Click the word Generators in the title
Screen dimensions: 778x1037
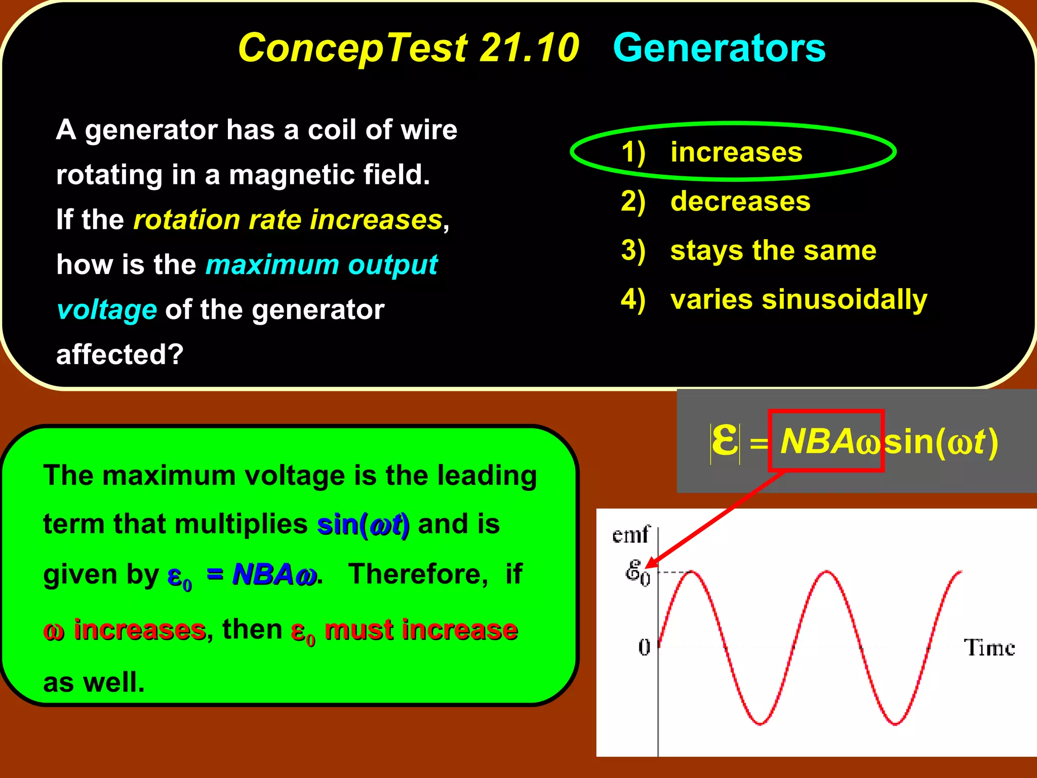pos(719,48)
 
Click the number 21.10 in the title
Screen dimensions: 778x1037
pos(529,48)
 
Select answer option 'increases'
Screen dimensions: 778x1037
pos(736,152)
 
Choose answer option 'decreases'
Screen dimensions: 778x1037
pos(740,201)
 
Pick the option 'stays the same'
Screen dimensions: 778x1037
pos(773,250)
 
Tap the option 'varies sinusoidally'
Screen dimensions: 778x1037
pos(799,299)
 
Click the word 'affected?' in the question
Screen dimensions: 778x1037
pos(119,354)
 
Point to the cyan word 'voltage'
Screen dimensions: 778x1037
pos(107,309)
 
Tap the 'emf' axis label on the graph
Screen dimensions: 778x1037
pos(630,535)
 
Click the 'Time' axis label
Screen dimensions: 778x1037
pos(989,648)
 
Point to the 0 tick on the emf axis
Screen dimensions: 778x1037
pos(644,647)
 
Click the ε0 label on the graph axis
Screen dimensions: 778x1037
pos(637,573)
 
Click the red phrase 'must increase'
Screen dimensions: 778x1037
pos(421,630)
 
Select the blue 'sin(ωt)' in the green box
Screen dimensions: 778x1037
pos(363,524)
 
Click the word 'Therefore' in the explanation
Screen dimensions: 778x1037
pos(418,574)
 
